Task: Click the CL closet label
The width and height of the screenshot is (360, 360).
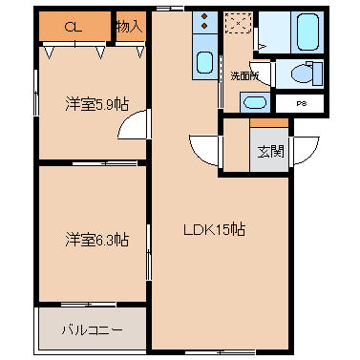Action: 72,27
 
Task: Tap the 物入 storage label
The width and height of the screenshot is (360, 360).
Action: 129,26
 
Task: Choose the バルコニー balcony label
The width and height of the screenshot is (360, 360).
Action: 93,329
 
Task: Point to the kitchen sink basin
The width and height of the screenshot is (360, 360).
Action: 205,65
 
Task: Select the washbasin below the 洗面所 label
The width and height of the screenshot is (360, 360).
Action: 255,102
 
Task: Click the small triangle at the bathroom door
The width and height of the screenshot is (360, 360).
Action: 262,45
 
